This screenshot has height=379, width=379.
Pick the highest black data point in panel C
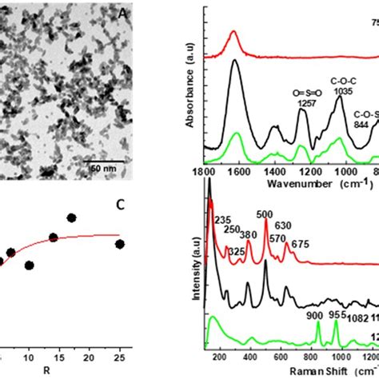click(x=71, y=217)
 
